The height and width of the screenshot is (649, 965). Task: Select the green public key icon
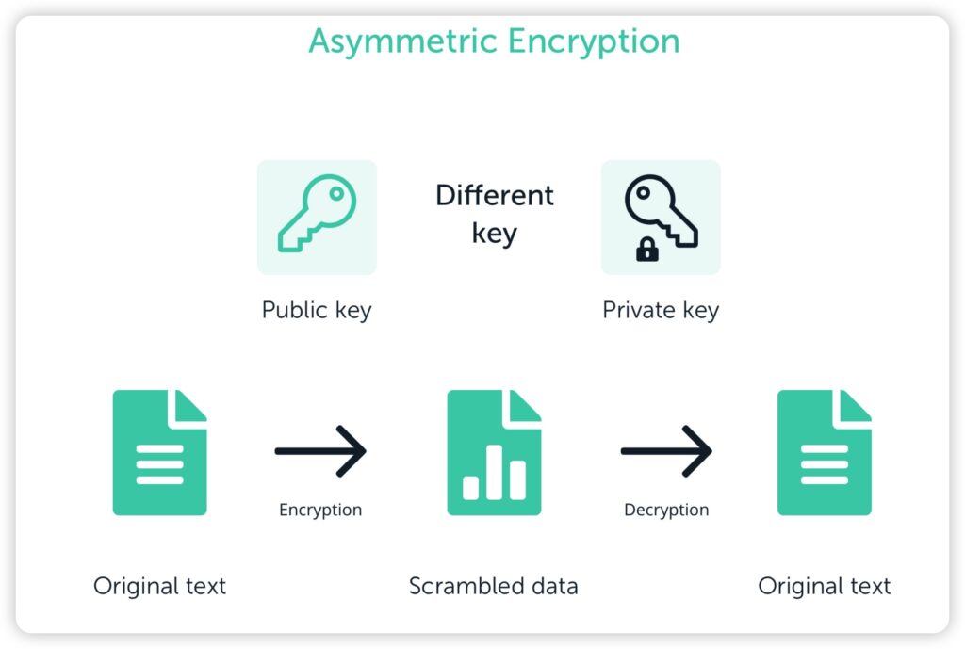317,216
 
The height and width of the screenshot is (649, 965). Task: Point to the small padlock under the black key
647,250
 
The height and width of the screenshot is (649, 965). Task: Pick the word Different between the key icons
494,196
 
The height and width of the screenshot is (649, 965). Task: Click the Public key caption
317,310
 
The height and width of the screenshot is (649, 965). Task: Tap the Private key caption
661,310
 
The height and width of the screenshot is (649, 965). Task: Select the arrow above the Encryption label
320,451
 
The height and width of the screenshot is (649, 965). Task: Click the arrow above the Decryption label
666,451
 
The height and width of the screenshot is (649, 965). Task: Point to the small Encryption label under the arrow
320,510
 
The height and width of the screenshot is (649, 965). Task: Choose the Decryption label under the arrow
666,510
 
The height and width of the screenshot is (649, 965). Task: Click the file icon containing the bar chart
494,453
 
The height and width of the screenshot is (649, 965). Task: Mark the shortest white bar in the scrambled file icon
471,487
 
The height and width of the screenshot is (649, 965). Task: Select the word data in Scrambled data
554,586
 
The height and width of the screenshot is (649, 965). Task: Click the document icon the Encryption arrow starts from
159,453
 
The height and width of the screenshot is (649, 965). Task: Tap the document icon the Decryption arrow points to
824,453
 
